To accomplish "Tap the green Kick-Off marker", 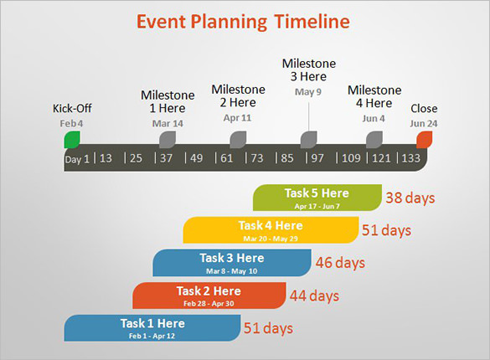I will (x=72, y=139).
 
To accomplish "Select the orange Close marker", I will (x=424, y=139).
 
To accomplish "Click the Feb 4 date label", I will (x=71, y=123).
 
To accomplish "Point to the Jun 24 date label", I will (x=423, y=123).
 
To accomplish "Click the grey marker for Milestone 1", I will (x=168, y=139).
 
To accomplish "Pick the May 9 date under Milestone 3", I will (x=308, y=92).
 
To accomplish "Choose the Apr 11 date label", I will (x=237, y=118).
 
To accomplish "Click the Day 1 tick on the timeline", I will (x=76, y=158).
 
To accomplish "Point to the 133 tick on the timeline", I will (x=410, y=158).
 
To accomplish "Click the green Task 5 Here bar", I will (x=317, y=198).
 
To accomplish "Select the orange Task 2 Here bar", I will (x=209, y=295).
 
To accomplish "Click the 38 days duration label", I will (x=410, y=198).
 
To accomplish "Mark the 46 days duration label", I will (x=340, y=263).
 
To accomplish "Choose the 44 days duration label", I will (x=314, y=296).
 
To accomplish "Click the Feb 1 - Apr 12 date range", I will (x=152, y=336).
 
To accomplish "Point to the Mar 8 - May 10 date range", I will (x=231, y=271).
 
